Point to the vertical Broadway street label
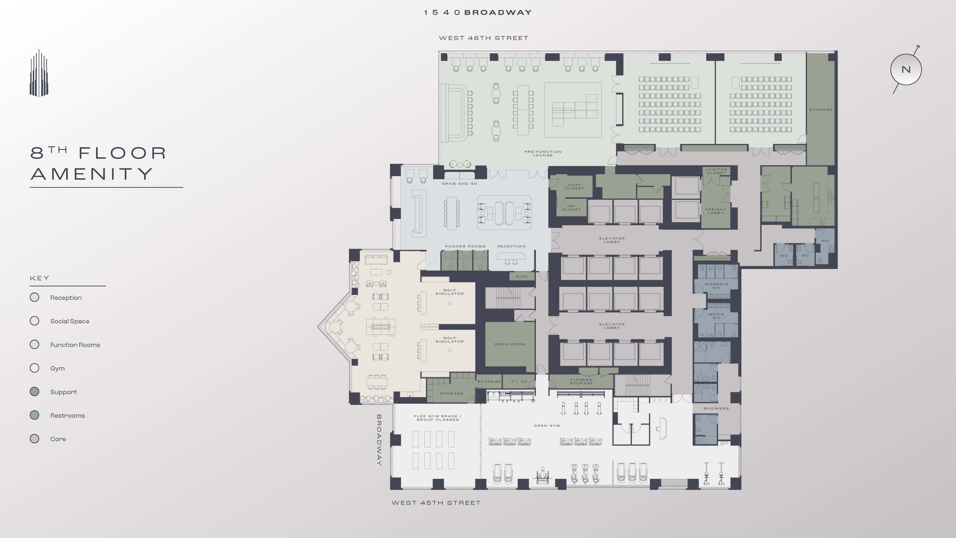tap(379, 440)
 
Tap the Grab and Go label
tap(459, 183)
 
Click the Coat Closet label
tap(574, 186)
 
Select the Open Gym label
tap(547, 426)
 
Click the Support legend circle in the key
tap(35, 392)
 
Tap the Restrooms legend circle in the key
tap(35, 415)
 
